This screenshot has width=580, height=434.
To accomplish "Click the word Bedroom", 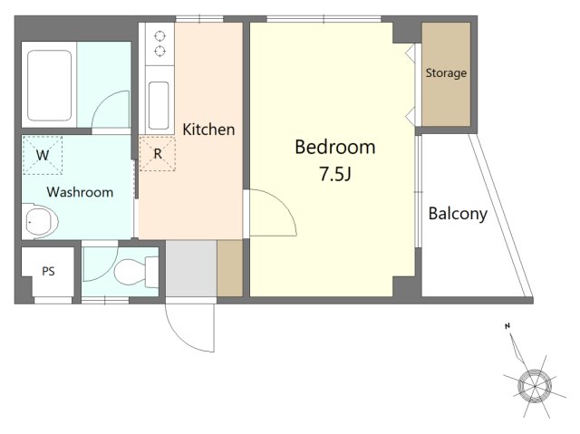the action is [335, 147].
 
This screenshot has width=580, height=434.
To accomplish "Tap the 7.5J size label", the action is [335, 174].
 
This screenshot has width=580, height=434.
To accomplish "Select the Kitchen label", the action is [208, 130].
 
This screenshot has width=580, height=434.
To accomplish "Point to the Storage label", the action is [446, 73].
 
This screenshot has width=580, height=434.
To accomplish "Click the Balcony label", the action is [458, 214].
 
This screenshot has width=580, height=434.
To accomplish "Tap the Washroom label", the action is [80, 192].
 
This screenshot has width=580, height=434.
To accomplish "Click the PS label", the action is [48, 271].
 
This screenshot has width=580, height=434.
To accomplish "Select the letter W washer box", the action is [43, 155].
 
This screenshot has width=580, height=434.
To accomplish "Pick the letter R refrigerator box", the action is [158, 153].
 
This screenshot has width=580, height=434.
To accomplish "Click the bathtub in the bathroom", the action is [50, 86].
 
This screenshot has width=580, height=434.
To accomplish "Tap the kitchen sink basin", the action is [159, 105].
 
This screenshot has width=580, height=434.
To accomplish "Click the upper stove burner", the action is [159, 36].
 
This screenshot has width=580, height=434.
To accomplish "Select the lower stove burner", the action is [159, 52].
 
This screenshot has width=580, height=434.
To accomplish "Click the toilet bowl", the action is [130, 272].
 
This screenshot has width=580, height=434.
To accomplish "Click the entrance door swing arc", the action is [179, 336].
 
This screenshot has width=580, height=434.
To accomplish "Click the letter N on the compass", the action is [507, 326].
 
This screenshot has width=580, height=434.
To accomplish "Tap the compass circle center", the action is [535, 386].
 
